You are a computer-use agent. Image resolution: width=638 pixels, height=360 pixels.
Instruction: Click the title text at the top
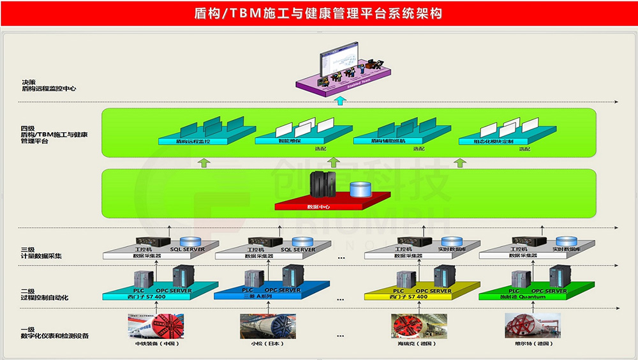pos(318,13)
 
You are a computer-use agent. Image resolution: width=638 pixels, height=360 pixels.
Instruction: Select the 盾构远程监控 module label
pos(193,140)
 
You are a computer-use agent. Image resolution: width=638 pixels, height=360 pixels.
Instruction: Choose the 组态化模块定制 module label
pos(493,140)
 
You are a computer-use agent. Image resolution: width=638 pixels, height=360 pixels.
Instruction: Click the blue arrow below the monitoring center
pos(340,100)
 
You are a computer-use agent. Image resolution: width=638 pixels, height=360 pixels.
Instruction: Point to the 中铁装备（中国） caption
pos(156,344)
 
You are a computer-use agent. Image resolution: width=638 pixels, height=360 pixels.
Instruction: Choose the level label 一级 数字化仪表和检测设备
pos(54,332)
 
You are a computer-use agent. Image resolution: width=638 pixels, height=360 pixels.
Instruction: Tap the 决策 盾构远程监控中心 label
pos(48,85)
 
